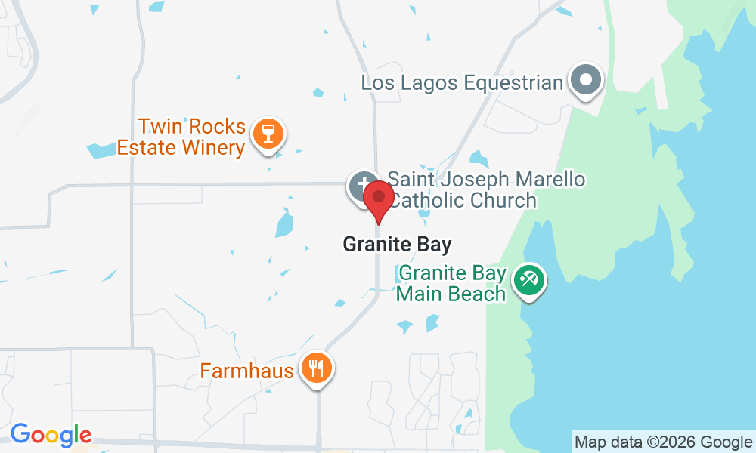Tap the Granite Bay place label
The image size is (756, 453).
pyautogui.click(x=397, y=245)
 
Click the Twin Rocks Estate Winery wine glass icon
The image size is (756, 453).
pyautogui.click(x=268, y=134)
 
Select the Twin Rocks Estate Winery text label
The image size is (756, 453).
pyautogui.click(x=181, y=137)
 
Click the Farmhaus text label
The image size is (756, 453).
pyautogui.click(x=246, y=371)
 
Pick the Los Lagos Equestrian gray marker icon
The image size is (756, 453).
pyautogui.click(x=586, y=79)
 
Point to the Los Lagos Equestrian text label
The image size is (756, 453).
pyautogui.click(x=463, y=82)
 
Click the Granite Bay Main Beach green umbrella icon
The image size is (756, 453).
pyautogui.click(x=528, y=281)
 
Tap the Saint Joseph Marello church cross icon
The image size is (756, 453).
pyautogui.click(x=363, y=186)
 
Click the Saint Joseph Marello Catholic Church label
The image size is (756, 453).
pyautogui.click(x=486, y=190)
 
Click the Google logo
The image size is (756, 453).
pyautogui.click(x=51, y=435)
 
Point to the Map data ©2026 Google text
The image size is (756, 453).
pyautogui.click(x=662, y=442)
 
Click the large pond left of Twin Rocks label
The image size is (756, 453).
pyautogui.click(x=100, y=149)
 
